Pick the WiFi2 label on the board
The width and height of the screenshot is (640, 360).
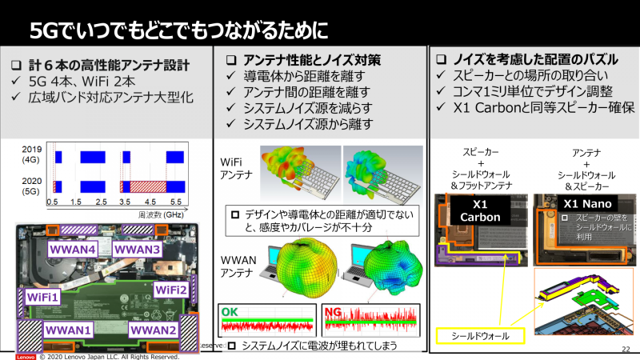[171, 289]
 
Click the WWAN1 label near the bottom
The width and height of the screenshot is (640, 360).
[70, 329]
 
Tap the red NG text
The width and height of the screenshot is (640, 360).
[333, 310]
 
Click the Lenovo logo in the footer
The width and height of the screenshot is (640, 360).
[17, 356]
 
